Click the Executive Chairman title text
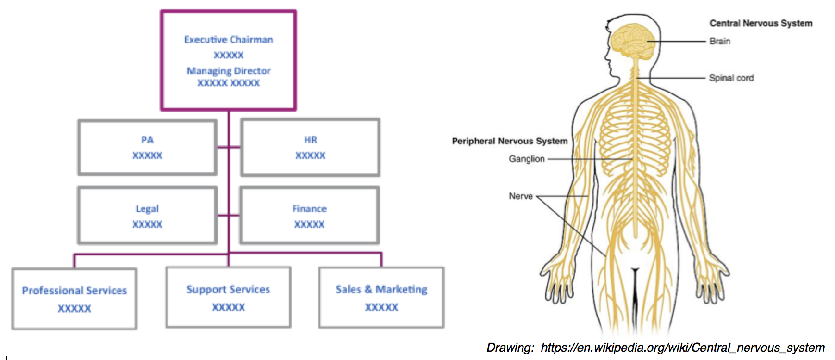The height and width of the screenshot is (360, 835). pos(229,40)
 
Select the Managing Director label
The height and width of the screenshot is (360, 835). pos(229,71)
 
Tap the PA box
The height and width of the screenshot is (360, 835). pos(147,148)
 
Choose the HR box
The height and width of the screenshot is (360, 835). pos(310,148)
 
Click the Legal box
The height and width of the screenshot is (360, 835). pos(147,216)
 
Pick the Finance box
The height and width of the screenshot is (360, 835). pos(309,216)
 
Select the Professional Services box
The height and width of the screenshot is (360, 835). pos(75,299)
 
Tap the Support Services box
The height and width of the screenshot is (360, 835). pos(228,298)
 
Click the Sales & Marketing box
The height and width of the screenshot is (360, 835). pos(381,298)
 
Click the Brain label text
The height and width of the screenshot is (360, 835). pos(720,41)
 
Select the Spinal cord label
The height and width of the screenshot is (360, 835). pos(731,78)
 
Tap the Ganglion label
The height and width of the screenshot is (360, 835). pos(527,159)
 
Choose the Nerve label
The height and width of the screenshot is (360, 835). pos(521,196)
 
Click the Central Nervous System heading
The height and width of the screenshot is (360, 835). pos(760,23)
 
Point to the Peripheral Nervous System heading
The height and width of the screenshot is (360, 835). pos(510,141)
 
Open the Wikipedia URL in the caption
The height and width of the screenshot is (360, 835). pos(682,348)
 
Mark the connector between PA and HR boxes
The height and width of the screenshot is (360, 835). pos(229,148)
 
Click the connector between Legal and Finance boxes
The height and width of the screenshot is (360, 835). pos(228,215)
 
